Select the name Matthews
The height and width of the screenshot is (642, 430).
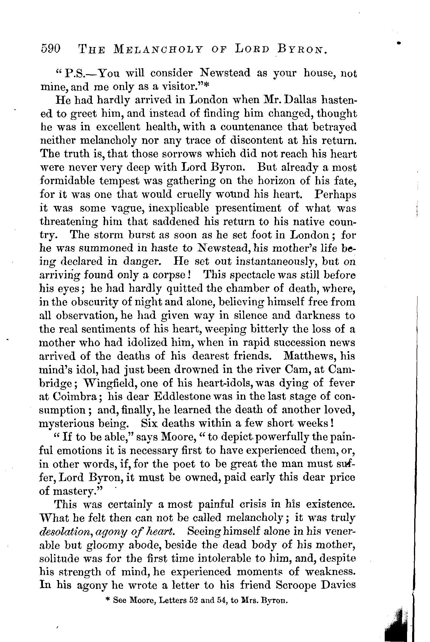click(310, 356)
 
